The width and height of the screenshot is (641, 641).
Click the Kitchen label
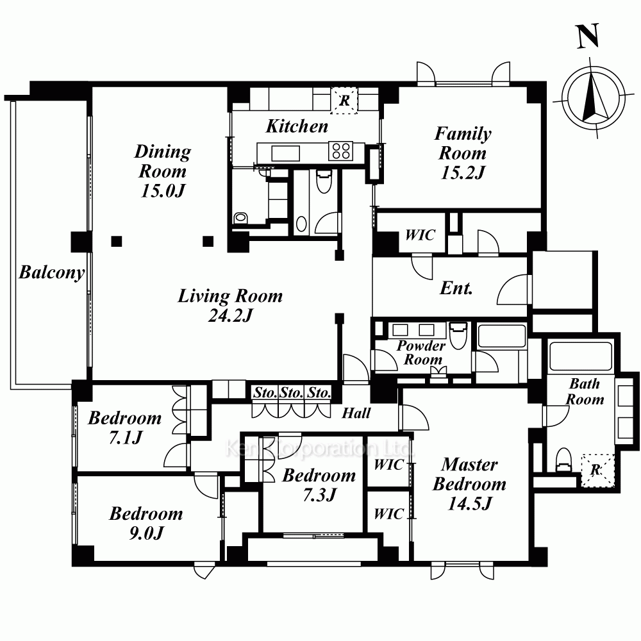pos(297,126)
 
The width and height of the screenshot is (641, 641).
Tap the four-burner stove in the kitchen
pos(341,151)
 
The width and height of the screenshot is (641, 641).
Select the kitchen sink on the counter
pos(285,154)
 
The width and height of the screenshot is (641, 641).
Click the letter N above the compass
pos(588,36)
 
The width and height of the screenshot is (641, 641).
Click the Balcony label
pos(52,272)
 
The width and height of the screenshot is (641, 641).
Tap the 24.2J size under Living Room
pos(231,315)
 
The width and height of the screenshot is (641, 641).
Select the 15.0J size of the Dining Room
pos(163,190)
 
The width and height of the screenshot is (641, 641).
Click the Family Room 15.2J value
pos(463,172)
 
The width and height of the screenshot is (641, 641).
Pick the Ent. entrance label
pos(456,288)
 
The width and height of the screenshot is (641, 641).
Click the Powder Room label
pos(421,353)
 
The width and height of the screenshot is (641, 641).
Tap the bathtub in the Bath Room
pos(581,356)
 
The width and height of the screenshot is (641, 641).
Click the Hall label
pos(356,413)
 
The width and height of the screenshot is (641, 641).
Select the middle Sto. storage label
pos(291,393)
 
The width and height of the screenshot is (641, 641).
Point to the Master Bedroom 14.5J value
pos(470,503)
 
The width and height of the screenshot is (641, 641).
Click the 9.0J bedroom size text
pos(146,533)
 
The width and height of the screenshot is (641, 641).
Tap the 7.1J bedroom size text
pos(125,437)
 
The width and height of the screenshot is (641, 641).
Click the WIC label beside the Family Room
pos(420,235)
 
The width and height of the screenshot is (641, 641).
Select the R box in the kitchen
pos(344,100)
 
